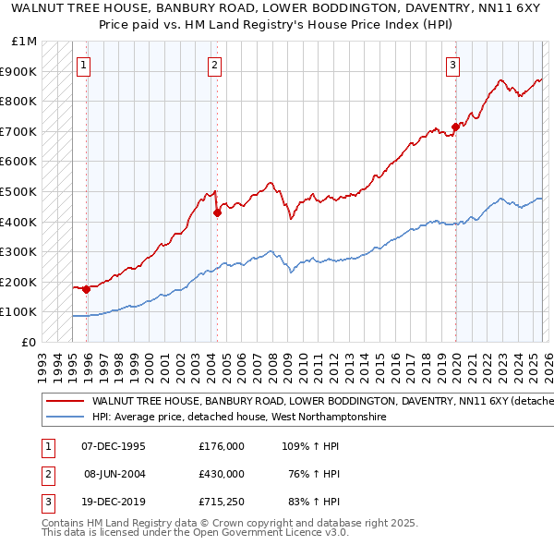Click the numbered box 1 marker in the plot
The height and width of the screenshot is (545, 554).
[84, 65]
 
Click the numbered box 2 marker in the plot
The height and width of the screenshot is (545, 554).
[214, 65]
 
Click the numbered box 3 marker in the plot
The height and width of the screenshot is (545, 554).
[453, 65]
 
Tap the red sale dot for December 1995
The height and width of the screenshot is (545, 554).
[87, 289]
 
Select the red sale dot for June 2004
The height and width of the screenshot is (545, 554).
[217, 212]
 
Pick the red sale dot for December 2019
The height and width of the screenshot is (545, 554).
[455, 127]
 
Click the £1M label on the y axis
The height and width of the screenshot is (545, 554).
[25, 42]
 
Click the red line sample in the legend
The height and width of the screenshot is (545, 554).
[65, 402]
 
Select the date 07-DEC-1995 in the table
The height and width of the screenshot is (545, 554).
[114, 446]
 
